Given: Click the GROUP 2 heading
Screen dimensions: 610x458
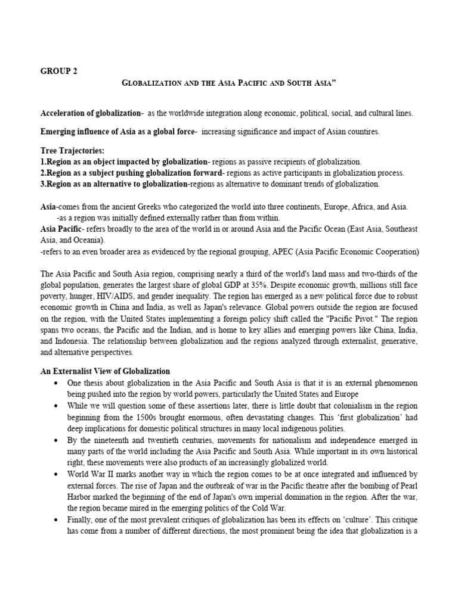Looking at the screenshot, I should (58, 70).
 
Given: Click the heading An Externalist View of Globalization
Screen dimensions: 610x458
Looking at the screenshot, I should (105, 371).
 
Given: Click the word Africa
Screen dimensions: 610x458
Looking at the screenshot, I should (354, 207).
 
